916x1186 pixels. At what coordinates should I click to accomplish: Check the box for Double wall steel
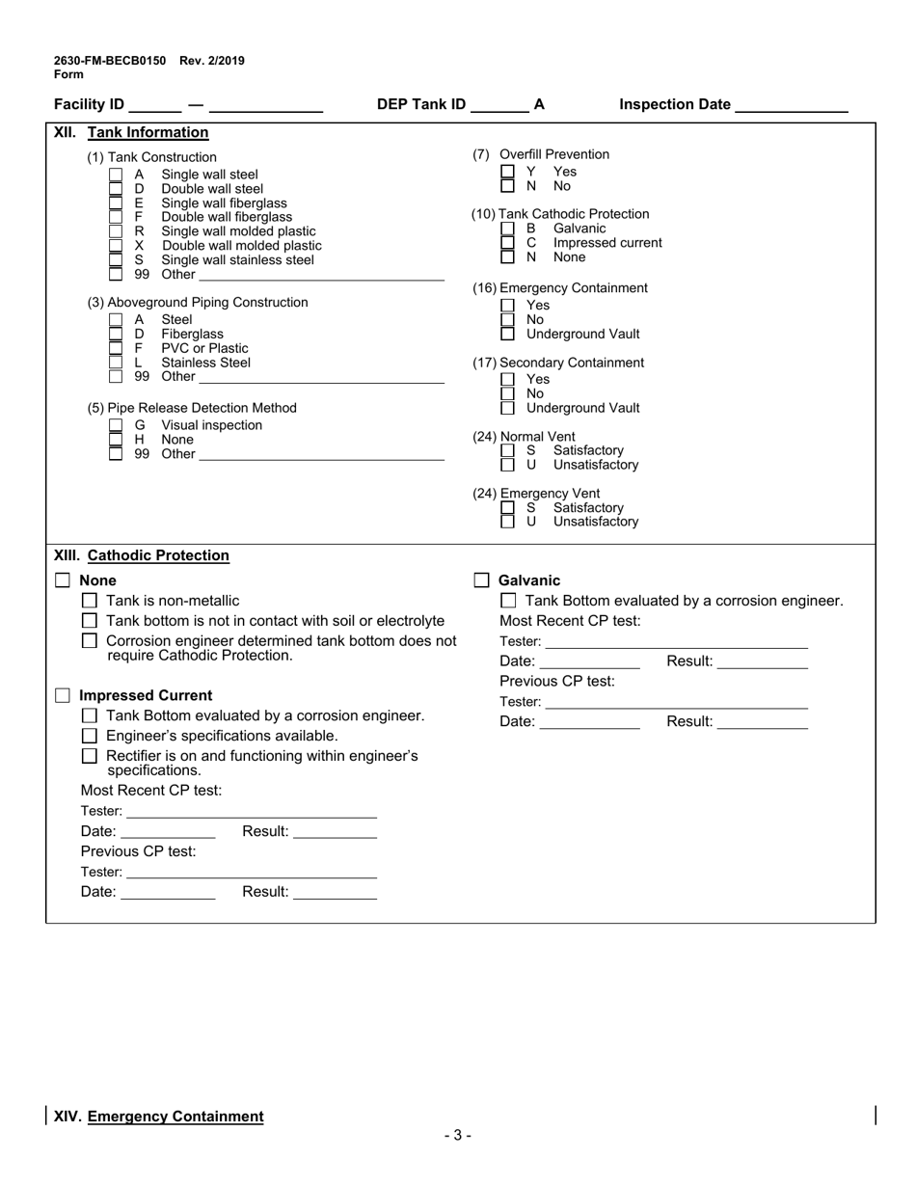116,189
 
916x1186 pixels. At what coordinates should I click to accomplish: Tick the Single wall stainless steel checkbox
116,259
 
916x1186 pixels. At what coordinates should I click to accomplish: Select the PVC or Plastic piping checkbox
116,348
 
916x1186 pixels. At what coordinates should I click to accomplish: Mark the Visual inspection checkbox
116,425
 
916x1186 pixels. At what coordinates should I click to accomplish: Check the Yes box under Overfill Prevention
507,172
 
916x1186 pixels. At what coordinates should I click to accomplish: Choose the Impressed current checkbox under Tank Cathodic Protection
507,243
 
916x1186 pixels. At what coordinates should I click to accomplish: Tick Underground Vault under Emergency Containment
507,334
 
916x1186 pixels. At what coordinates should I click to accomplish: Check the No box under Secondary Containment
507,393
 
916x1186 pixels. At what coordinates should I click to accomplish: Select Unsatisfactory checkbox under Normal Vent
507,465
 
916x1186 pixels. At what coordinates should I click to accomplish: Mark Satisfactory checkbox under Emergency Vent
507,507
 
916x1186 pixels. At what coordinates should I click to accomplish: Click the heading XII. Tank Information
131,133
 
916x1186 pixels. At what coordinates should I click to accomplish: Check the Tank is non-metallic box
90,601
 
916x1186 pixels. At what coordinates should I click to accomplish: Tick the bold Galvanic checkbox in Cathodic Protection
481,580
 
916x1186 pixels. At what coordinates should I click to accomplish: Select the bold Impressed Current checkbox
63,695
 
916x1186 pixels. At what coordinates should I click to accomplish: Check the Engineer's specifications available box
90,736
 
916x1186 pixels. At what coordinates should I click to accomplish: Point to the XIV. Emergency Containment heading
158,1117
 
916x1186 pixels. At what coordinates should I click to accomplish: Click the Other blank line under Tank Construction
320,275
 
